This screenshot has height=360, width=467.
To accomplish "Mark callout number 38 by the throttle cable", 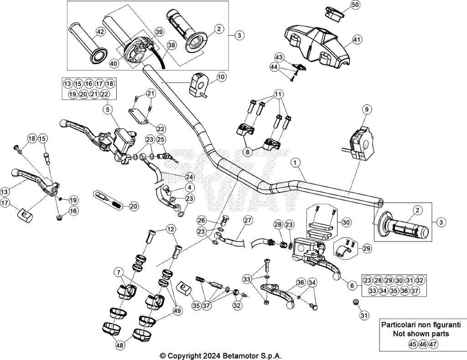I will click(x=171, y=45).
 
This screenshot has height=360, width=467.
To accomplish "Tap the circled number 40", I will click(x=114, y=64).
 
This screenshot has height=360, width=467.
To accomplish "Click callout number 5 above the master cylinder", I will click(x=107, y=109).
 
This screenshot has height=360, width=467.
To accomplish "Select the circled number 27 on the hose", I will click(x=248, y=221).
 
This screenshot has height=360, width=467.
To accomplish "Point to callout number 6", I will click(x=351, y=285).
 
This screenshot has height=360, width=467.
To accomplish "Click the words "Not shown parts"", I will click(x=415, y=334).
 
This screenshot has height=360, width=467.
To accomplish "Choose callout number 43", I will click(x=279, y=57).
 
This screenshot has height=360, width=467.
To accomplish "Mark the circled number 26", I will click(x=202, y=221).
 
